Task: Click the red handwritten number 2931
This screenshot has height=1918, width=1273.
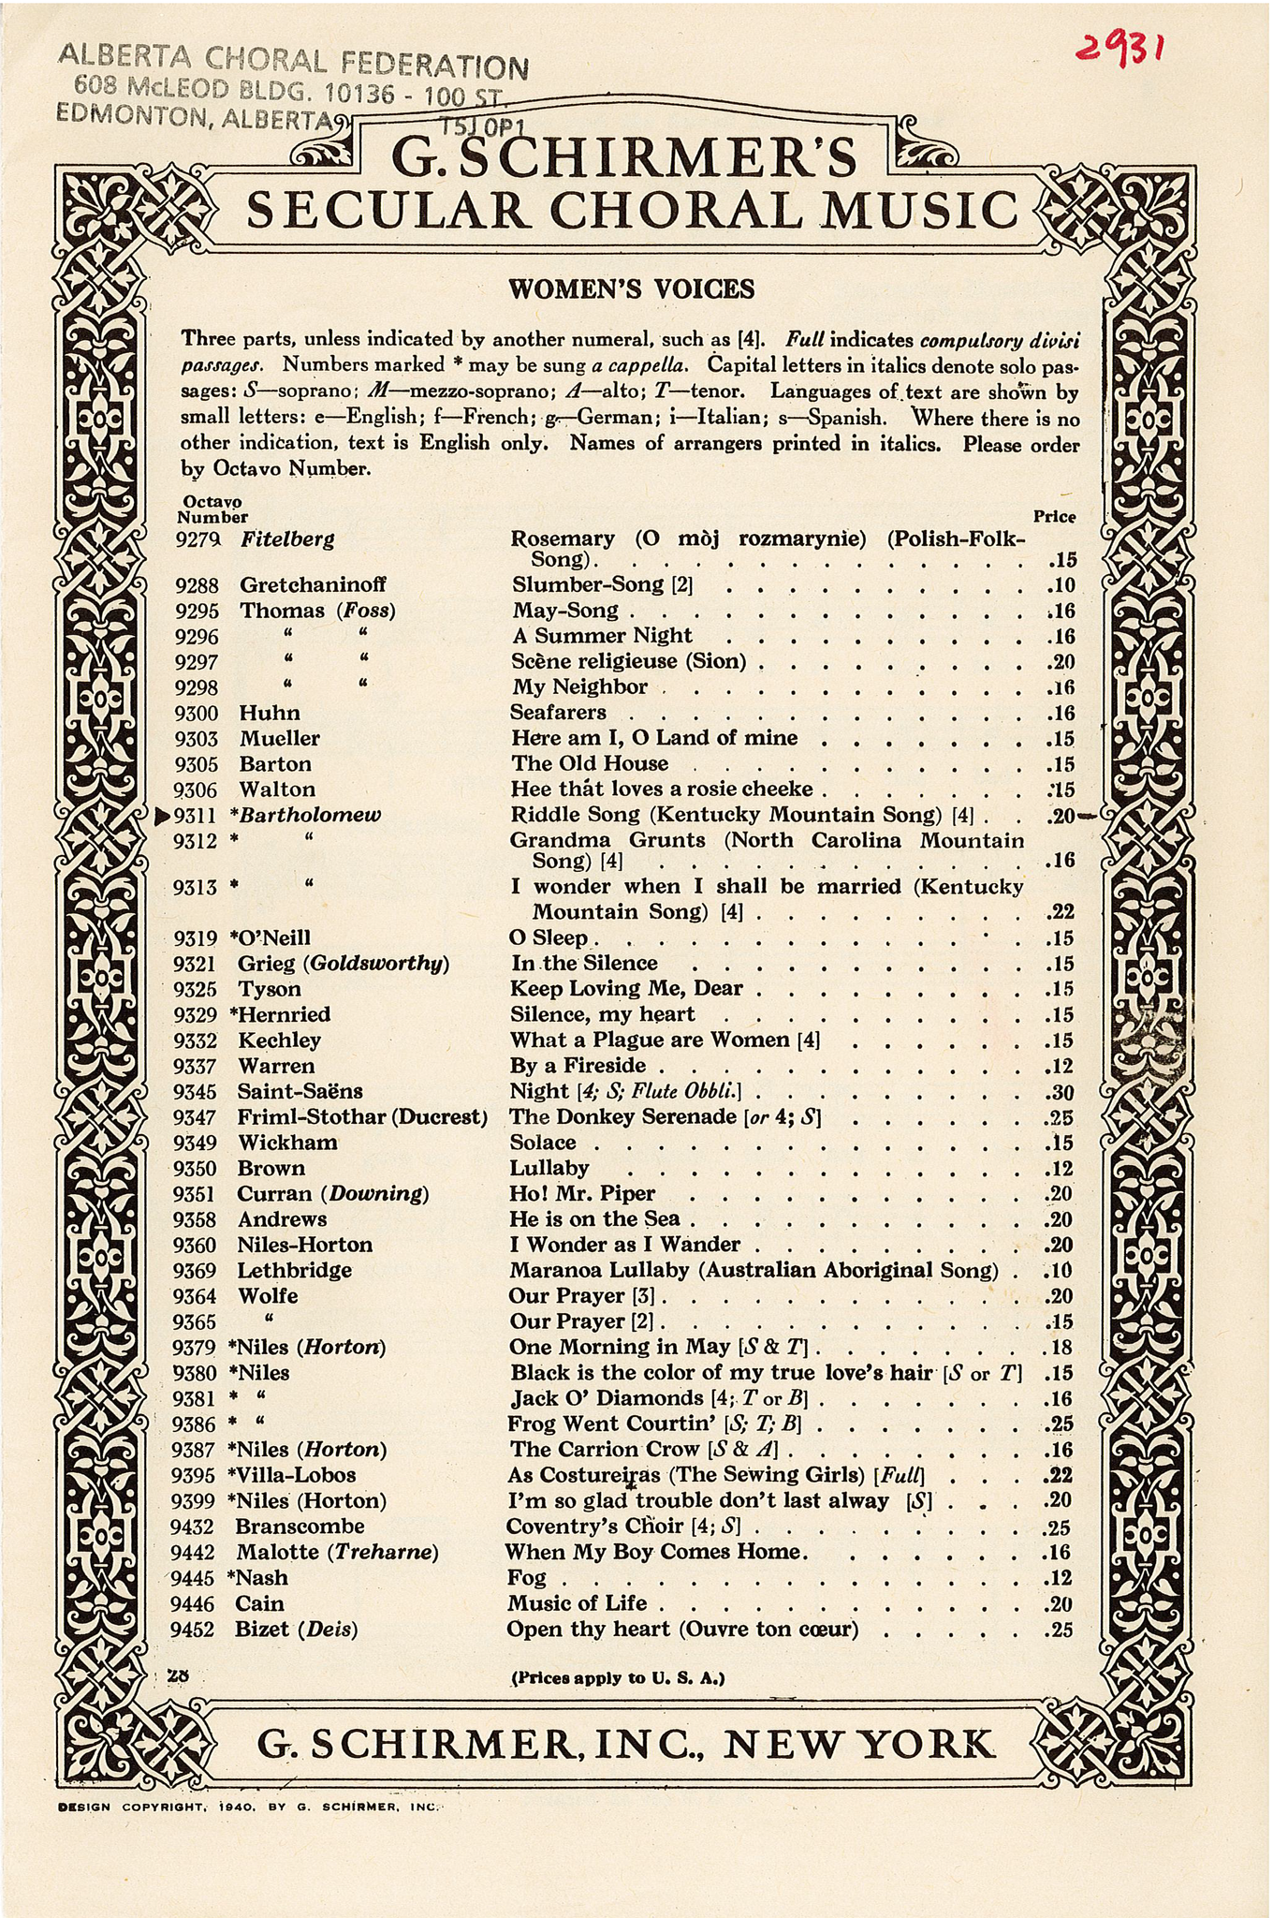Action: (x=1120, y=41)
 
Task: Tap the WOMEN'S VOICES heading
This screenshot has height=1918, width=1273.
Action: (x=630, y=289)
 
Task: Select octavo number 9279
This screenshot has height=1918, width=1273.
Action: (x=196, y=539)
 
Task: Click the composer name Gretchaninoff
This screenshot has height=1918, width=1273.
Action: (x=313, y=585)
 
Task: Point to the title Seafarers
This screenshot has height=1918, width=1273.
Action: (x=558, y=713)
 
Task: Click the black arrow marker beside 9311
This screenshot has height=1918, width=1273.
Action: (x=161, y=816)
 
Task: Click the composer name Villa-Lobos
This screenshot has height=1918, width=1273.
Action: (x=299, y=1475)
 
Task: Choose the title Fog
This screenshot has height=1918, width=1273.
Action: (x=526, y=1578)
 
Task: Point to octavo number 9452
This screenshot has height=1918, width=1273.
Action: (x=194, y=1630)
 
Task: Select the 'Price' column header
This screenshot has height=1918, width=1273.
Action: (x=1054, y=516)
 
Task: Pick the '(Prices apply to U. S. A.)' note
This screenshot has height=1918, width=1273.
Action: (x=618, y=1678)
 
